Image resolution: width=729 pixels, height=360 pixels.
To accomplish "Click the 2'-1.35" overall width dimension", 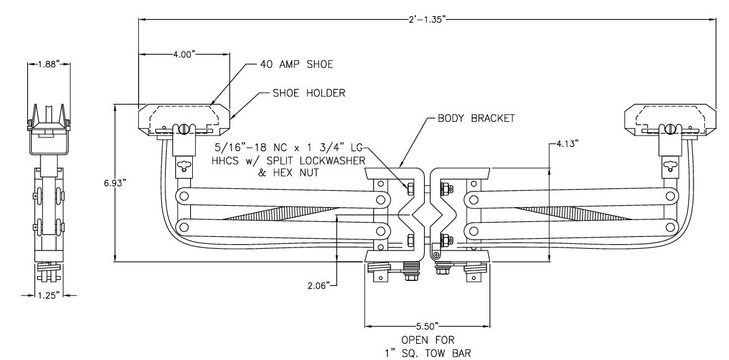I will click(x=425, y=19).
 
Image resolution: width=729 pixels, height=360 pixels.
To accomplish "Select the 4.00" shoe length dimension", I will click(x=184, y=55).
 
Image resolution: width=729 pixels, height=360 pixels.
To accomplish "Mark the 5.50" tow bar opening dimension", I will click(x=426, y=326).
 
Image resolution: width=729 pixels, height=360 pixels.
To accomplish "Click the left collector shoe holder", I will click(x=184, y=119).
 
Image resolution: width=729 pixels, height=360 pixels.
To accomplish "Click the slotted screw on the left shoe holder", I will click(x=184, y=129).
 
